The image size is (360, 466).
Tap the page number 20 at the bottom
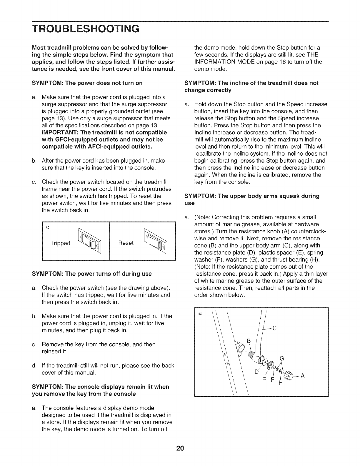180,449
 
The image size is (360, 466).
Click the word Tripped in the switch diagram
60,243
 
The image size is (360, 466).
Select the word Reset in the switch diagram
126,243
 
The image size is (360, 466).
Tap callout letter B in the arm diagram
248,341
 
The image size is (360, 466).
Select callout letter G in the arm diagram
281,359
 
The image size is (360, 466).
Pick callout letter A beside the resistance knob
303,376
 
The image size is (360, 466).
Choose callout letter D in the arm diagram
256,371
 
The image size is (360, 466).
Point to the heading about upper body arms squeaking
252,199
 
